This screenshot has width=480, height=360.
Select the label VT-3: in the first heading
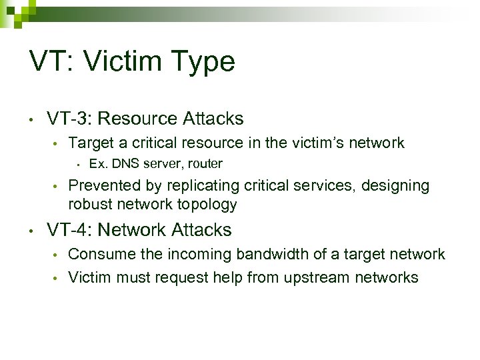coord(69,119)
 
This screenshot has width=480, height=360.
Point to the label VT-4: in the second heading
coord(69,230)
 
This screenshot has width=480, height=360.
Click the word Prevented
coord(100,185)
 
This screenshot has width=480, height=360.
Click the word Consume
coord(97,254)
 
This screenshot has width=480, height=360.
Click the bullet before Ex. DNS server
coord(79,164)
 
